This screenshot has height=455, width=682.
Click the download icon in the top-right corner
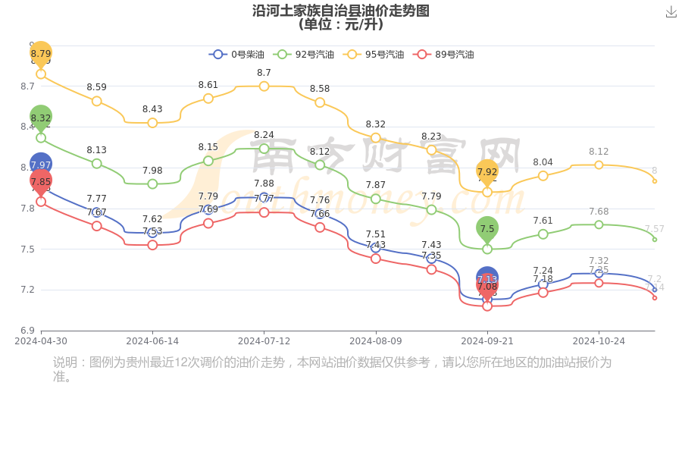671,11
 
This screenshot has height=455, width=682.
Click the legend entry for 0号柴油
237,55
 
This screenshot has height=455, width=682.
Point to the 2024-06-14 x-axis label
152,341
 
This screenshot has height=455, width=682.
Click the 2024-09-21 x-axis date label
487,341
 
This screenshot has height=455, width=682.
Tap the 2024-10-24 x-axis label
599,341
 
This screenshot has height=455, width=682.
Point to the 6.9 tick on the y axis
27,331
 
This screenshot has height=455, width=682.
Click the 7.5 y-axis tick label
27,249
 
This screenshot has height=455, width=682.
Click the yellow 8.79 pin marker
41,54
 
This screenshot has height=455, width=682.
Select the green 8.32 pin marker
41,118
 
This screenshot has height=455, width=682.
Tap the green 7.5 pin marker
487,228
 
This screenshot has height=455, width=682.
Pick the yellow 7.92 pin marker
487,171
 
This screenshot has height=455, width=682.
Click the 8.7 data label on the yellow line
264,73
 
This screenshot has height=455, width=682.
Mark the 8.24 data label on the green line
264,135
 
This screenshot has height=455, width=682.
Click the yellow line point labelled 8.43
152,123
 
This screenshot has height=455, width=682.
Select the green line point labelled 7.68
599,224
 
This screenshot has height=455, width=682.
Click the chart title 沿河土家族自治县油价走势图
341,11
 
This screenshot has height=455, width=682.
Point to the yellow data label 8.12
599,152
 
